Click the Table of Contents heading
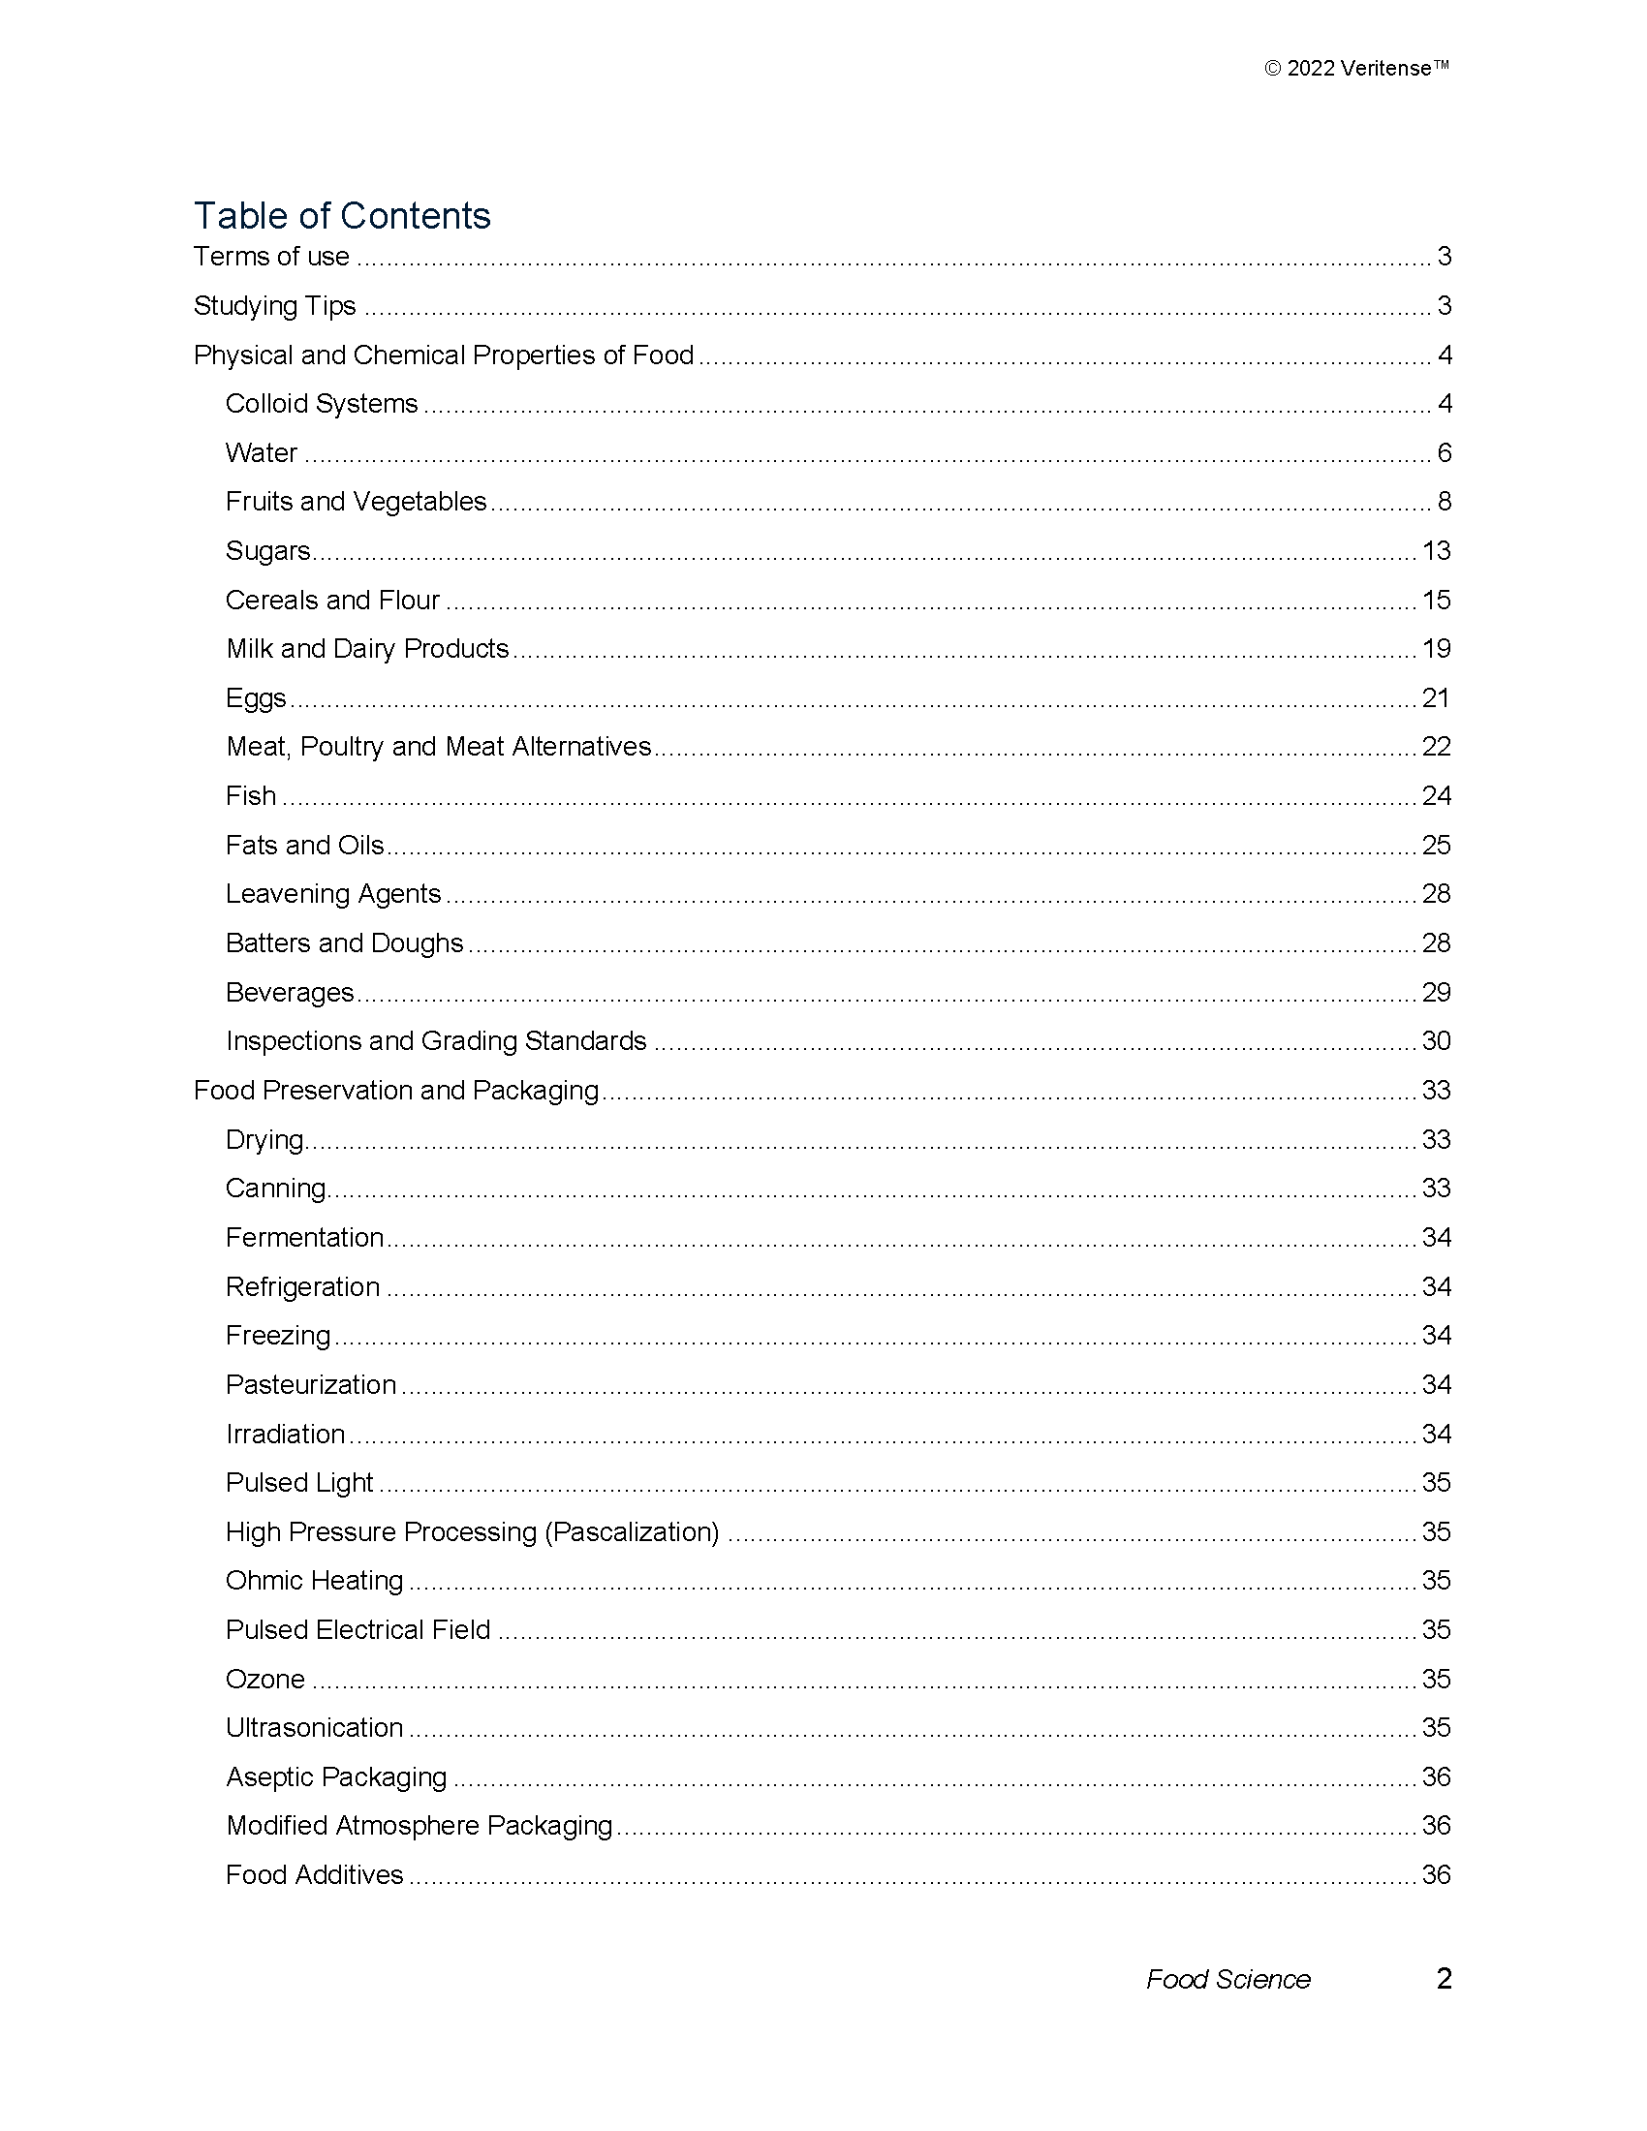[341, 216]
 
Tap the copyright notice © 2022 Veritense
[1355, 69]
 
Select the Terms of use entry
[271, 257]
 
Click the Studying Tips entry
[274, 306]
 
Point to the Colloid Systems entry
[321, 404]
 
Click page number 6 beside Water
[1445, 452]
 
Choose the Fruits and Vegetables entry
[356, 502]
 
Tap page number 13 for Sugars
[1436, 551]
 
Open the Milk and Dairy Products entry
[367, 649]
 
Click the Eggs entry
[256, 698]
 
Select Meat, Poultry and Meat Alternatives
[438, 748]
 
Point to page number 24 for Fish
[1436, 796]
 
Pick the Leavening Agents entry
[332, 894]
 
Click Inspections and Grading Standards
[435, 1041]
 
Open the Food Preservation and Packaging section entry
[395, 1090]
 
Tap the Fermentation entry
[304, 1237]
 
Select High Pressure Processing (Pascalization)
[472, 1532]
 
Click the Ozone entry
[265, 1680]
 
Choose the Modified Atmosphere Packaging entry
[419, 1826]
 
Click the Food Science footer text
[1227, 1979]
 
